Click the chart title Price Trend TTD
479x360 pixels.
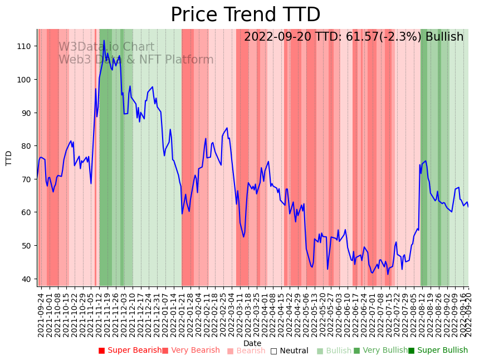click(245, 15)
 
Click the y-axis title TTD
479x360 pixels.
click(9, 158)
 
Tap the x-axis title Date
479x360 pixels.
click(252, 343)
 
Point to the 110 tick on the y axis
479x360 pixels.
click(26, 46)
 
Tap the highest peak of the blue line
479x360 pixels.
click(104, 41)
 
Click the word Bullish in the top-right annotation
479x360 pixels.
click(444, 37)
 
